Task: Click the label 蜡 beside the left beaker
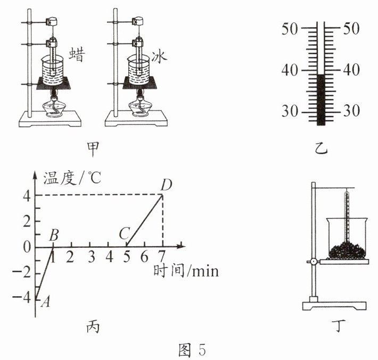[x=77, y=55]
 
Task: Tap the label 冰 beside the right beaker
[x=159, y=57]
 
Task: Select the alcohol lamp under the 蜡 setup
[x=54, y=106]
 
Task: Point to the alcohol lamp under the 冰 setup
[x=140, y=105]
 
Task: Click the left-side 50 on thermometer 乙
[x=290, y=29]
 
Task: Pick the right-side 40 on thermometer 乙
[x=351, y=70]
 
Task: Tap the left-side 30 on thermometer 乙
[x=290, y=111]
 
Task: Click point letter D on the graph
[x=166, y=185]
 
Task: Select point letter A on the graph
[x=45, y=302]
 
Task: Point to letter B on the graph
[x=54, y=235]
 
